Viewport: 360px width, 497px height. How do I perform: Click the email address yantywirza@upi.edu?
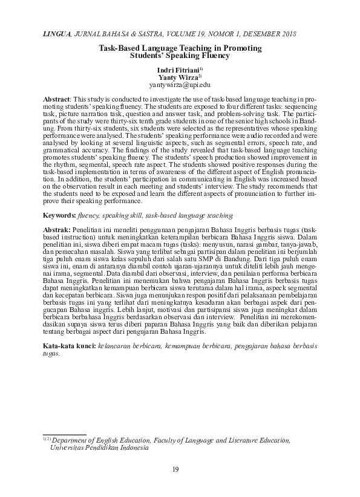pyautogui.click(x=180, y=86)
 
